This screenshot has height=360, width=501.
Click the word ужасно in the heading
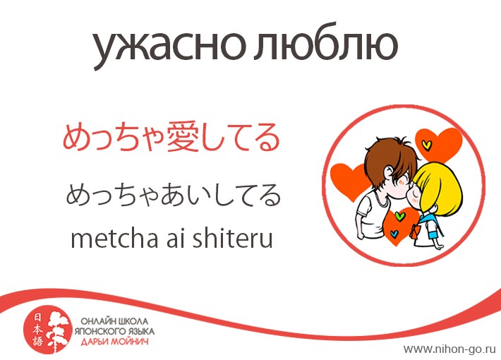tap(169, 47)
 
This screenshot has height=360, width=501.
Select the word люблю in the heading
tap(326, 44)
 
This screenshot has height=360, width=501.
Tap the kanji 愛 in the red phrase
tap(183, 137)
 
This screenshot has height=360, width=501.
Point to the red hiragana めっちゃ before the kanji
tap(114, 138)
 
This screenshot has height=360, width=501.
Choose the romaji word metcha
tap(114, 239)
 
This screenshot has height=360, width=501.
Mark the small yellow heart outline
tap(426, 145)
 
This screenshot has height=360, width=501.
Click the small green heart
tap(399, 216)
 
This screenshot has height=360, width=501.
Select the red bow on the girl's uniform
tap(415, 231)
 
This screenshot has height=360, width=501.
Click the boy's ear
tap(388, 173)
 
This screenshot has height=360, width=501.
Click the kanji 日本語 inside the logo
tap(37, 330)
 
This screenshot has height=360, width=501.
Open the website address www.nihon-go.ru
tap(449, 349)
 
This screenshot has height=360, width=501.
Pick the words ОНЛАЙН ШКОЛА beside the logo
tap(114, 321)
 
